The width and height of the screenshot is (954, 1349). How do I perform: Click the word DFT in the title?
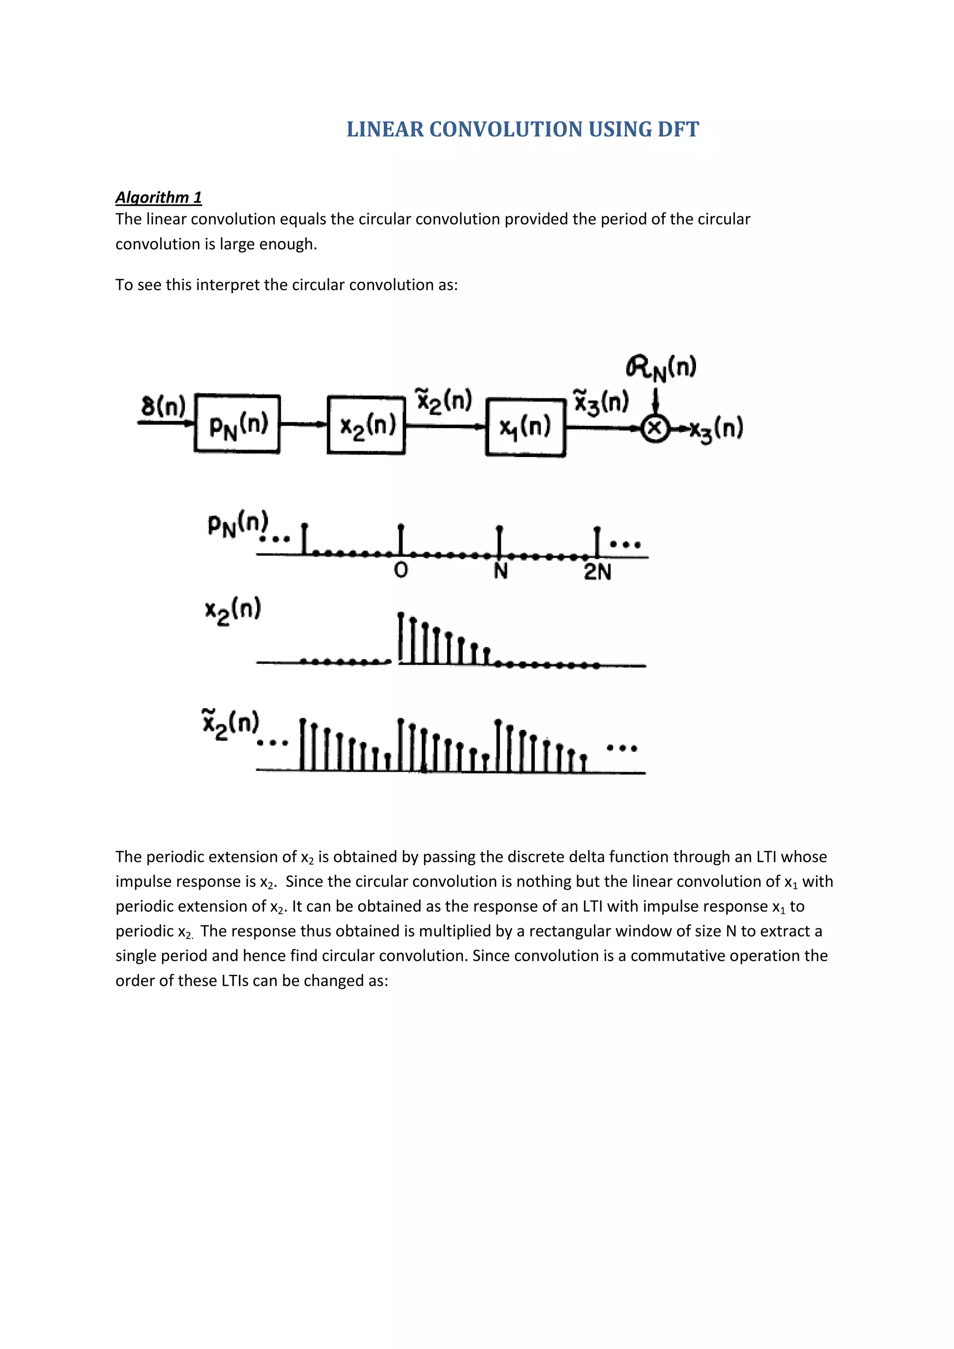(678, 129)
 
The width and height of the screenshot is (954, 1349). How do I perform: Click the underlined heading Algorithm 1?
(158, 198)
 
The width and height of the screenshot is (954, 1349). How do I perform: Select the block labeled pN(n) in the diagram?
(237, 423)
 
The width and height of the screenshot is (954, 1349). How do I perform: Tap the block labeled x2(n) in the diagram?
(366, 425)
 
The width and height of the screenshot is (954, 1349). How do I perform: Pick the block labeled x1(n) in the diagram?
(525, 427)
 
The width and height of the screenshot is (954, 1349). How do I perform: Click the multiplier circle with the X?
(655, 429)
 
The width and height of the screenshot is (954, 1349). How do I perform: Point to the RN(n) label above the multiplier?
(661, 368)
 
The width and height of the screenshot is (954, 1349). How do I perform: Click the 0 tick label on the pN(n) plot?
(401, 570)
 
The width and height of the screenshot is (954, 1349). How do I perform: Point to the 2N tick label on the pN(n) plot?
(598, 572)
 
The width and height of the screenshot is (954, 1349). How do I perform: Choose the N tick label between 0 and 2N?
(500, 571)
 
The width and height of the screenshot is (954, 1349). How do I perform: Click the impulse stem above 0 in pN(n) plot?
(401, 539)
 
